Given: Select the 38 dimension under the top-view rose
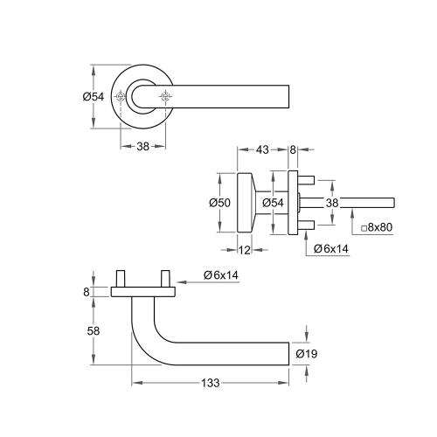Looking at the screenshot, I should tap(142, 147).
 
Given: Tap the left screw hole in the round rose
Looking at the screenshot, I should tap(121, 96).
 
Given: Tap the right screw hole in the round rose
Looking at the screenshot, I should tap(164, 96).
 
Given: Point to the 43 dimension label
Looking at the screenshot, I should tap(263, 151).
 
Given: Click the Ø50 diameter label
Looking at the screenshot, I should tap(219, 203).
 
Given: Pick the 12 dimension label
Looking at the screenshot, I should tap(246, 251).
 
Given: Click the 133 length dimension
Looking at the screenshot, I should tap(211, 382).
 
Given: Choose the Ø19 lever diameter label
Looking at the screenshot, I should tap(306, 354).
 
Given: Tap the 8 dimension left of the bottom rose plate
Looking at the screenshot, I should tap(87, 292).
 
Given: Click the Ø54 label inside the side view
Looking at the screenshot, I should tap(273, 203).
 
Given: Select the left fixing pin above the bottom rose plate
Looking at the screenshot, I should tap(121, 279).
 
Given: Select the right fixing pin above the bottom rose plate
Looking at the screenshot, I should tap(164, 279).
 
